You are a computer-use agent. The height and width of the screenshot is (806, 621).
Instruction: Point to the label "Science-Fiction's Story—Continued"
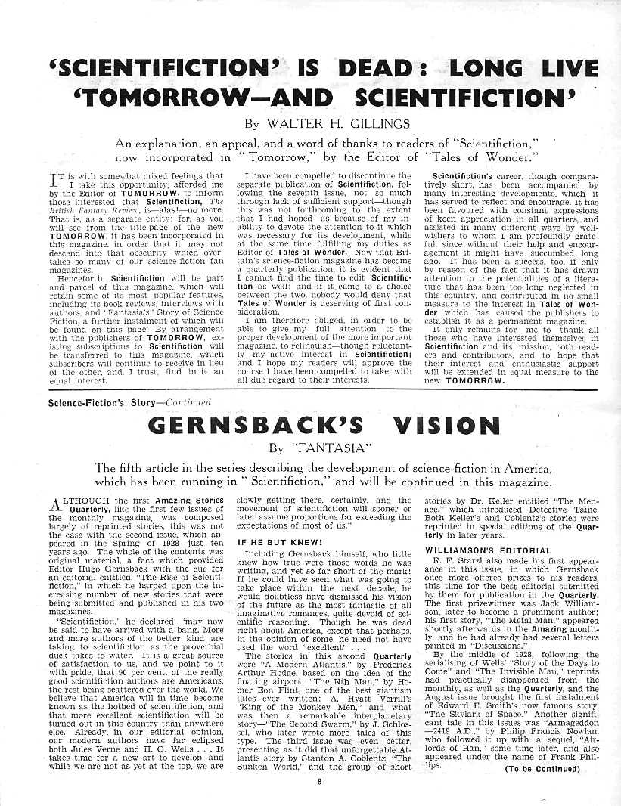click(x=129, y=402)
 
